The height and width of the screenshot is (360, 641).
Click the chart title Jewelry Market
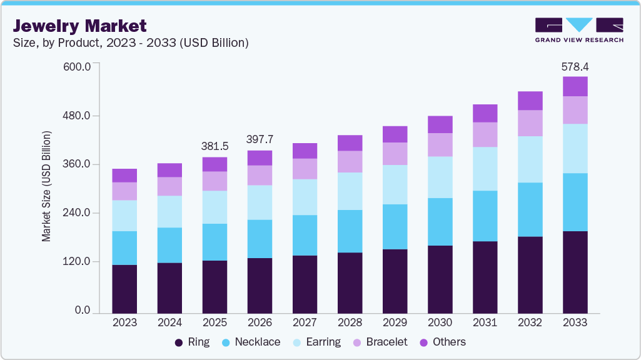click(80, 26)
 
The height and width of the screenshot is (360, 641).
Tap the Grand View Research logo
click(579, 30)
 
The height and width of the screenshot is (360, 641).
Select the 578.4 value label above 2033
click(575, 66)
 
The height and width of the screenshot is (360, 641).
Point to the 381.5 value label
click(215, 146)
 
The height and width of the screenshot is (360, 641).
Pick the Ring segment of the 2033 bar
click(575, 272)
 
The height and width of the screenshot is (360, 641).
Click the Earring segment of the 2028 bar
click(350, 191)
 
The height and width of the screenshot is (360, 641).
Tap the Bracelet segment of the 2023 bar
click(124, 191)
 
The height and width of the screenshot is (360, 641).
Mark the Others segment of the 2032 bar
click(530, 101)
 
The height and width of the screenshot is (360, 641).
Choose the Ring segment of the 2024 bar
click(169, 287)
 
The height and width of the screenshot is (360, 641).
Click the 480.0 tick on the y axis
click(78, 116)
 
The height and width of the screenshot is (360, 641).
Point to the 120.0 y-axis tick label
click(78, 262)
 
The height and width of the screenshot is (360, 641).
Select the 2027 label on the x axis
click(305, 323)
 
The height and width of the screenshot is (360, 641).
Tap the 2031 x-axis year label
click(485, 323)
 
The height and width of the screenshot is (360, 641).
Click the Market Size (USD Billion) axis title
click(46, 186)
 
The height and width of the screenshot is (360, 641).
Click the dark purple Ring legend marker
click(179, 342)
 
